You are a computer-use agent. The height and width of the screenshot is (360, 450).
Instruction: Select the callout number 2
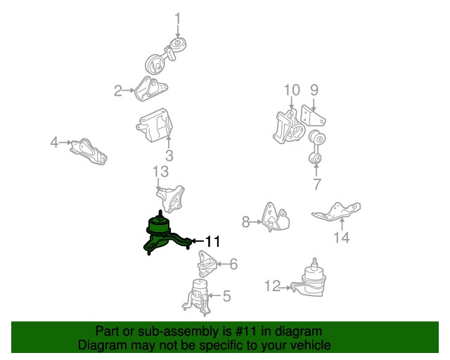[118, 91]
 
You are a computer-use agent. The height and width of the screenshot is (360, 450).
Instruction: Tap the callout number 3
[169, 155]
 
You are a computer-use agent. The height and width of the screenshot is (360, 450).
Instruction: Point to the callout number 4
[55, 142]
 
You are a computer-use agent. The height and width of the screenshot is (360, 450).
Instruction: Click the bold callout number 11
[212, 241]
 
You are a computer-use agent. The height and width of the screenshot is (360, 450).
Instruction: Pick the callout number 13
[160, 172]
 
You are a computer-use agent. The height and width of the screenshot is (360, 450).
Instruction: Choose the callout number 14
[342, 238]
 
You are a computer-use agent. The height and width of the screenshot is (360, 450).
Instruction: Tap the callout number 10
[292, 90]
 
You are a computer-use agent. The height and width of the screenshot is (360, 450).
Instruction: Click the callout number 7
[316, 184]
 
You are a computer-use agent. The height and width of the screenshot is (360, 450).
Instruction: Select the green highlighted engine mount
[161, 234]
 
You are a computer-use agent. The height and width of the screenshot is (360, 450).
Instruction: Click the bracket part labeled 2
[150, 89]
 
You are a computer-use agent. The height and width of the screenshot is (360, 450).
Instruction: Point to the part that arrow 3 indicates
[155, 125]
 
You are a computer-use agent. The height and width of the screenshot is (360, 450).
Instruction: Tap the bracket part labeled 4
[89, 151]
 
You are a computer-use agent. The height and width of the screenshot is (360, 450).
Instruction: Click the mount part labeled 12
[309, 280]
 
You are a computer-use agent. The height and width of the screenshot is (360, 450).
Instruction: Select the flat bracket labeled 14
[336, 212]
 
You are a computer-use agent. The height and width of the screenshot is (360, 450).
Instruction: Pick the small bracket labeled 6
[207, 264]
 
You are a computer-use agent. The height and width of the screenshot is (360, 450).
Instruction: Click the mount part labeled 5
[197, 297]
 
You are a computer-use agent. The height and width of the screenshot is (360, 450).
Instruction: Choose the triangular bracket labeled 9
[312, 116]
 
